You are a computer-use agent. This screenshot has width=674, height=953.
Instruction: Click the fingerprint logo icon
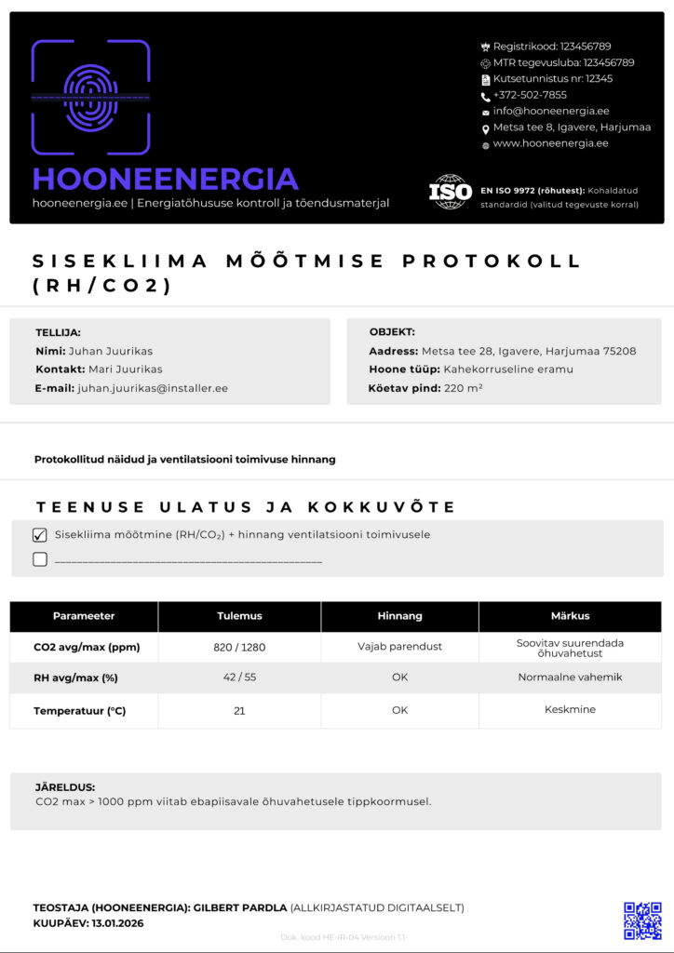pyautogui.click(x=90, y=97)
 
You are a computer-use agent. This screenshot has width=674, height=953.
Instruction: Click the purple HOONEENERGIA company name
pyautogui.click(x=165, y=179)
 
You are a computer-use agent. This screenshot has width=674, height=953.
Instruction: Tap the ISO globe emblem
pyautogui.click(x=451, y=192)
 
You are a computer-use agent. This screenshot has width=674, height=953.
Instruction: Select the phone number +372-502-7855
pyautogui.click(x=530, y=95)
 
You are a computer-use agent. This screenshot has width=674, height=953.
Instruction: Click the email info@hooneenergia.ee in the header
pyautogui.click(x=551, y=111)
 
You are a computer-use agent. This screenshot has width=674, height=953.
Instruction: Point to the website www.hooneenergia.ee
pyautogui.click(x=550, y=143)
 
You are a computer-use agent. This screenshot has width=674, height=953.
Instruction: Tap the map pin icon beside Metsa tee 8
pyautogui.click(x=485, y=128)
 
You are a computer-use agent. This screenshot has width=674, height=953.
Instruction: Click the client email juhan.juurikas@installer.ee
pyautogui.click(x=153, y=388)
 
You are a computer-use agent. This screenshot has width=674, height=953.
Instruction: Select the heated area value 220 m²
pyautogui.click(x=463, y=388)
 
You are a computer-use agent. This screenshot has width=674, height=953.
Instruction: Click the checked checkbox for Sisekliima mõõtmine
pyautogui.click(x=39, y=535)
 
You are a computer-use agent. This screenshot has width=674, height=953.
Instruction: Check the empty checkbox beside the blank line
pyautogui.click(x=39, y=559)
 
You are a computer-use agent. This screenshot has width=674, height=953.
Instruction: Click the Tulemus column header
pyautogui.click(x=239, y=616)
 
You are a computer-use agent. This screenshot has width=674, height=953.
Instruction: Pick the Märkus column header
pyautogui.click(x=570, y=616)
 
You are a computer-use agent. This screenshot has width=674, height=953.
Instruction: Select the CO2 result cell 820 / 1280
pyautogui.click(x=239, y=647)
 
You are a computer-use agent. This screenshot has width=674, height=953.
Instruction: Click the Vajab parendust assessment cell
pyautogui.click(x=399, y=647)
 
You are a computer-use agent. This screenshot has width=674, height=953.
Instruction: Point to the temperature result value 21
pyautogui.click(x=239, y=710)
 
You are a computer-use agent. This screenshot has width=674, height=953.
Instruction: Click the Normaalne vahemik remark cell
pyautogui.click(x=570, y=678)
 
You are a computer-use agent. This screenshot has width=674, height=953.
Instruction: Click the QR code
pyautogui.click(x=642, y=919)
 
